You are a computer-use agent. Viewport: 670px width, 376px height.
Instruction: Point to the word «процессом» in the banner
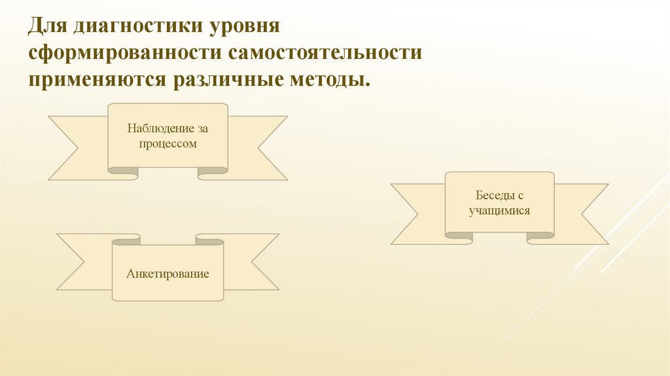pyautogui.click(x=167, y=143)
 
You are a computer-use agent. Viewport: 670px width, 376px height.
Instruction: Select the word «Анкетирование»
pyautogui.click(x=167, y=273)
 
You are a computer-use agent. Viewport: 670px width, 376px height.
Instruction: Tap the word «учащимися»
pyautogui.click(x=499, y=211)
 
